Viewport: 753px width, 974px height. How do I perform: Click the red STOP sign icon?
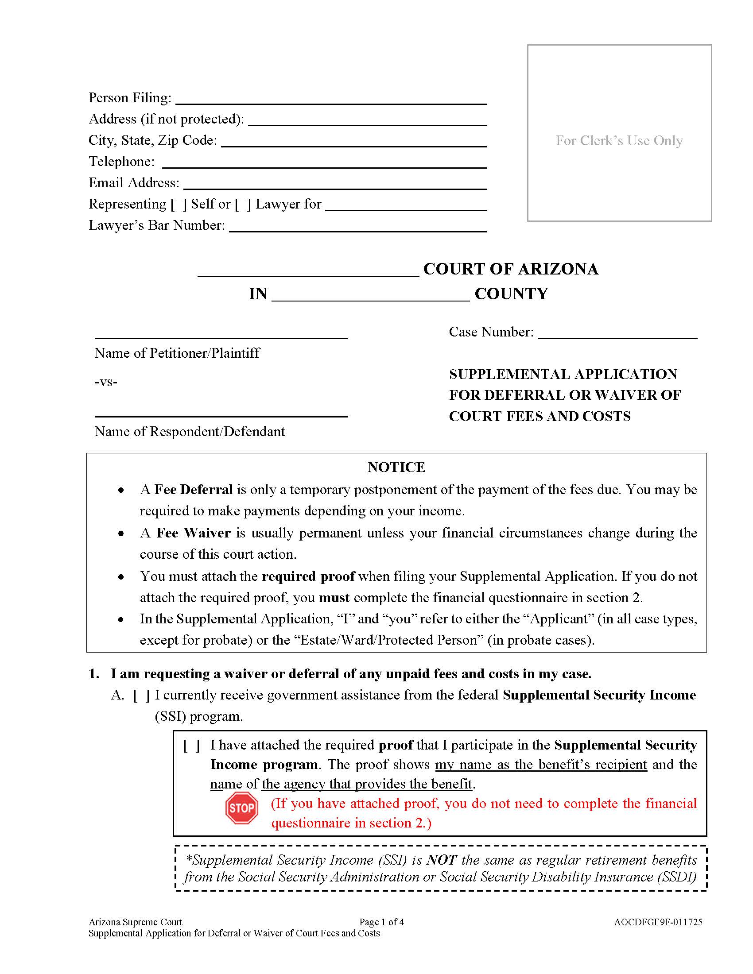pyautogui.click(x=242, y=808)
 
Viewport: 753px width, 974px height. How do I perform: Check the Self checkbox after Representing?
pyautogui.click(x=179, y=204)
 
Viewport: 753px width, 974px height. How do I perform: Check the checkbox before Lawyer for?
pyautogui.click(x=243, y=204)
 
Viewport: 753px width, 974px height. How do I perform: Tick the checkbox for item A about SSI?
pyautogui.click(x=141, y=695)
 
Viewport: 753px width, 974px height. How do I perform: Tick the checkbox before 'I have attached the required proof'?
pyautogui.click(x=192, y=745)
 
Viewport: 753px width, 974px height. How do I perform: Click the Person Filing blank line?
pyautogui.click(x=331, y=99)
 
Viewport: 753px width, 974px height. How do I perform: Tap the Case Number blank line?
pyautogui.click(x=617, y=333)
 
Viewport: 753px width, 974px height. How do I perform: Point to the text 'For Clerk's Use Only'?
pyautogui.click(x=619, y=140)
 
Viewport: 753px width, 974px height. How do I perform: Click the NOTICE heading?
pyautogui.click(x=396, y=467)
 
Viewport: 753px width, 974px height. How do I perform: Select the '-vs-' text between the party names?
pyautogui.click(x=106, y=382)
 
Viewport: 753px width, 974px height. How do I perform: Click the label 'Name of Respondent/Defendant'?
pyautogui.click(x=190, y=431)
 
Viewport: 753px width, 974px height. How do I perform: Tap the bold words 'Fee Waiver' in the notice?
pyautogui.click(x=193, y=533)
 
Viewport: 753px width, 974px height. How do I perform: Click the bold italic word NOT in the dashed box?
pyautogui.click(x=441, y=860)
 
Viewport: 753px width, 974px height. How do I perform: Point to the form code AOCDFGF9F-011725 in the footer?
pyautogui.click(x=658, y=922)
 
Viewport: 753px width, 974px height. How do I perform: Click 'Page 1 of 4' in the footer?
pyautogui.click(x=381, y=922)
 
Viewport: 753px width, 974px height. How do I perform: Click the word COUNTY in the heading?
pyautogui.click(x=511, y=294)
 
